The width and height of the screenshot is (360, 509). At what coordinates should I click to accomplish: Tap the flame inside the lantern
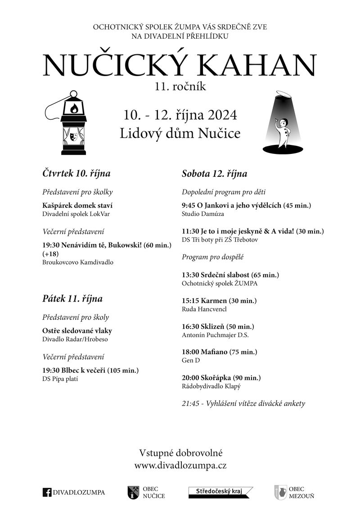(x=73, y=108)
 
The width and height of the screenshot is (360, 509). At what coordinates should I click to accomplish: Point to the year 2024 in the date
(x=221, y=115)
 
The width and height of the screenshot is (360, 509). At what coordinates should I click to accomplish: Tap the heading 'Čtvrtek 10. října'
(x=76, y=173)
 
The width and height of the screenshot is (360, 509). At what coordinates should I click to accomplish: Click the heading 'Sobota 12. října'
(x=214, y=174)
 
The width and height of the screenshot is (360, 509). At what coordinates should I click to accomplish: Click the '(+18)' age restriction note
(x=50, y=254)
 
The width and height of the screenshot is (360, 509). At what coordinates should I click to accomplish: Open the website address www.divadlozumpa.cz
(x=180, y=466)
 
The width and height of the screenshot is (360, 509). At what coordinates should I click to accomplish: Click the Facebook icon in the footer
(x=47, y=492)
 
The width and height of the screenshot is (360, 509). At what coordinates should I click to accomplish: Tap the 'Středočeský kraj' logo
(x=220, y=491)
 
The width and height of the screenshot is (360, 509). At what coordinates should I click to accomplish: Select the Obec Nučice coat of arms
(x=133, y=492)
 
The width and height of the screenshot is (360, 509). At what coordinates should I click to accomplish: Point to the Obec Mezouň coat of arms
(x=280, y=492)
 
